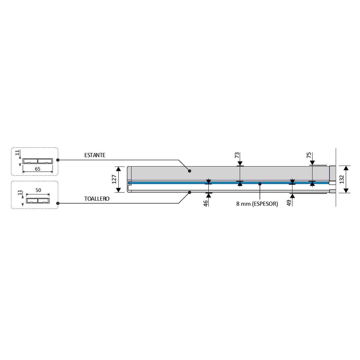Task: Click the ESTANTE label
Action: click(95, 155)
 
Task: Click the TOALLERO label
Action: click(97, 199)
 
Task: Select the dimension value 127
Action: click(114, 179)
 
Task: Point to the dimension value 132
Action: click(342, 179)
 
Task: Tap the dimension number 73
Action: click(237, 155)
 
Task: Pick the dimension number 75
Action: click(309, 155)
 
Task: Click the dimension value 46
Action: click(205, 203)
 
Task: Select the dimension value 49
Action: click(289, 203)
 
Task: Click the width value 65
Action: click(37, 169)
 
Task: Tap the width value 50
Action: click(38, 190)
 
